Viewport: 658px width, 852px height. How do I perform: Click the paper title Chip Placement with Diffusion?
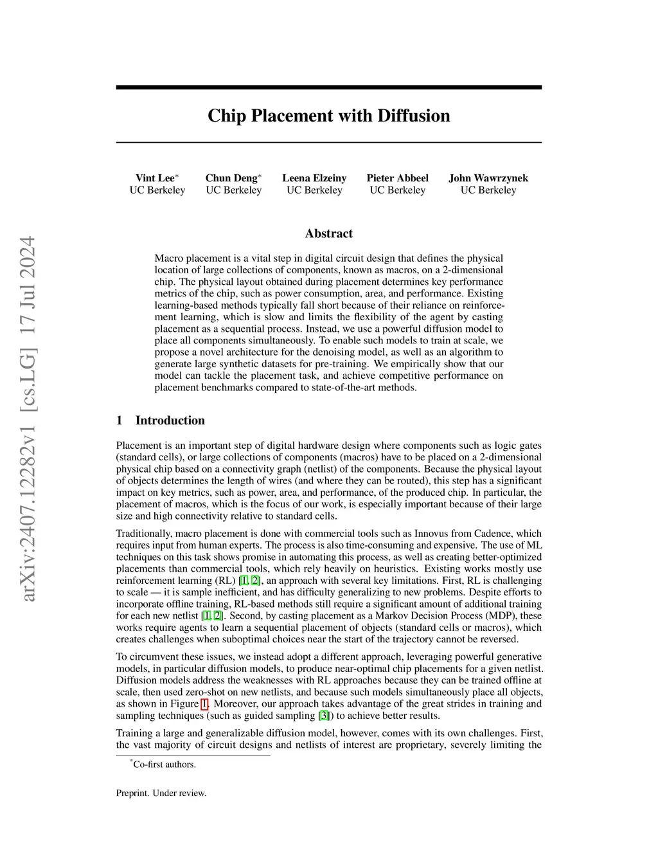click(328, 116)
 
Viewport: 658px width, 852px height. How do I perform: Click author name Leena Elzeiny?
click(314, 178)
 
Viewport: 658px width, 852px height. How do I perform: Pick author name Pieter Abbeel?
click(397, 178)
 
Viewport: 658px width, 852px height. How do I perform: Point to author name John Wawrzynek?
click(488, 178)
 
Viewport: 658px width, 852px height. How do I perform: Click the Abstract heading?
click(328, 233)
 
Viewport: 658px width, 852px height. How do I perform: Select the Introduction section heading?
click(170, 421)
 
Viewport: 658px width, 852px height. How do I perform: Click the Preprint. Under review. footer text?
click(161, 793)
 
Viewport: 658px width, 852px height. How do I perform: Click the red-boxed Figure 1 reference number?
click(205, 703)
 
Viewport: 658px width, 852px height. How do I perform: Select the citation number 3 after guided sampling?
click(324, 715)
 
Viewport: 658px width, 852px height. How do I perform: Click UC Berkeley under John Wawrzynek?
click(488, 190)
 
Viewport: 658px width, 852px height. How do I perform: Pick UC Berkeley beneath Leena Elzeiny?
click(314, 190)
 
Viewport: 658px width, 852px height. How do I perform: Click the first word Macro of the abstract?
click(168, 258)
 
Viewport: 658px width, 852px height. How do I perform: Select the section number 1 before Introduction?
click(119, 421)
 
